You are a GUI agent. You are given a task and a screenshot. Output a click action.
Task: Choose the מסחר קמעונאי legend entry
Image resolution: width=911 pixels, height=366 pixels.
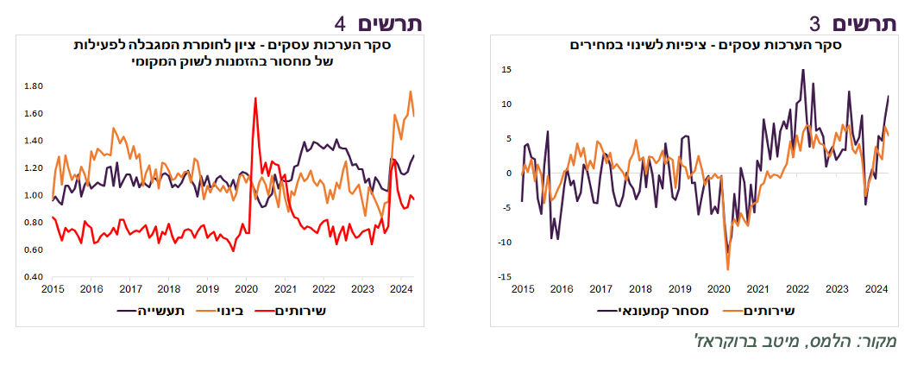653,311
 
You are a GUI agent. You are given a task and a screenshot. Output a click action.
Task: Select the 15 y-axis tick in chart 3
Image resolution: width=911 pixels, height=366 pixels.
507,70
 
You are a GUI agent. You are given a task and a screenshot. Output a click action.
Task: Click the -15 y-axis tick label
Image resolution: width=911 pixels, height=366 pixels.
506,276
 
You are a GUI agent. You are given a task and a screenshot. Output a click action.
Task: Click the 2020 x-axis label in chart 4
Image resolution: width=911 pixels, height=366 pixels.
246,288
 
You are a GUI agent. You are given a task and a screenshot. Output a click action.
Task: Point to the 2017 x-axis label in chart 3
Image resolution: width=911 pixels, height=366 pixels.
600,288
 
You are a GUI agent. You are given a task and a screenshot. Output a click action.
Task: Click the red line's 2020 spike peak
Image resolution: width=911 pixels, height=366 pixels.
255,98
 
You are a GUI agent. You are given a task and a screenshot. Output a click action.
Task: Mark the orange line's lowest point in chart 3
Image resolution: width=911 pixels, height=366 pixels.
727,269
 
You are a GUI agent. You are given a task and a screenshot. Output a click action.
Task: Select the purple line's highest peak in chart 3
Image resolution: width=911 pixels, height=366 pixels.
803,70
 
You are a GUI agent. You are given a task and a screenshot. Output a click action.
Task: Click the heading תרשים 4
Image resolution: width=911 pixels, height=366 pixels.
378,24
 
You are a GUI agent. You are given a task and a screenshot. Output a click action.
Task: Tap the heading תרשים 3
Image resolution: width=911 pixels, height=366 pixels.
853,24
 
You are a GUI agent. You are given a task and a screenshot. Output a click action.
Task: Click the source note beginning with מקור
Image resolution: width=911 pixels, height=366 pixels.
797,341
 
